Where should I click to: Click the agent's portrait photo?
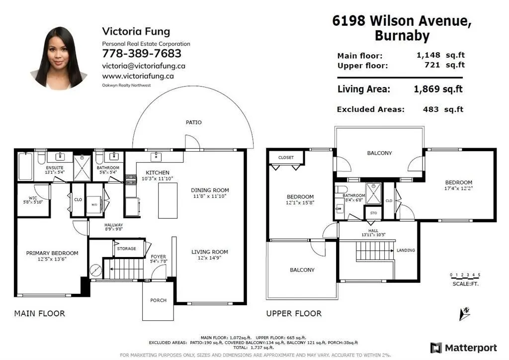pos(59,58)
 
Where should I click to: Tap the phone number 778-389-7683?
pos(142,54)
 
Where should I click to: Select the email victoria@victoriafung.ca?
pos(144,66)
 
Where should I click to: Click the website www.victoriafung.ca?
pos(138,76)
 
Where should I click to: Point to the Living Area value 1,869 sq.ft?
pos(438,89)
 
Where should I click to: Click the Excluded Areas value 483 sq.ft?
pos(443,109)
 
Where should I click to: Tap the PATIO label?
pos(193,122)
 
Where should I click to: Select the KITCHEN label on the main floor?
pos(158,173)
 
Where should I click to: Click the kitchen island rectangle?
pos(168,200)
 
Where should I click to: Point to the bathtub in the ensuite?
pos(25,166)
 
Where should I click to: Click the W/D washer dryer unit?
pos(94,204)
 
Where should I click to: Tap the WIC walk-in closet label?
pos(33,198)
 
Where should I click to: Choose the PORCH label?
pos(158,301)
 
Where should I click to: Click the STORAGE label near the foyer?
pos(126,249)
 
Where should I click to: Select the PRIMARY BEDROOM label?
pos(52,253)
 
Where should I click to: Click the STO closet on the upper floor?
pos(373,213)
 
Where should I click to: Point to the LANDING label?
pos(406,250)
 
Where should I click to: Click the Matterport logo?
pos(464,348)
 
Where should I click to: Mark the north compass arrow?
pos(465,313)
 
